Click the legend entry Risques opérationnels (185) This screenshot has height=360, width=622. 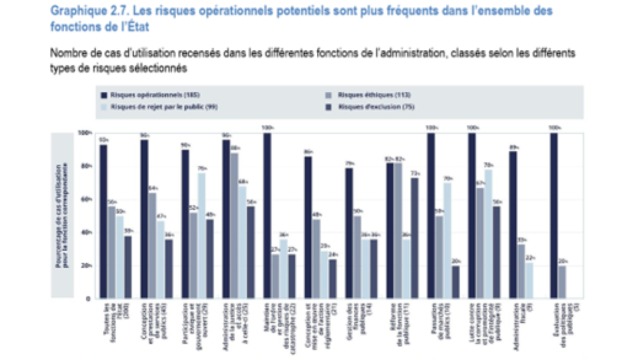click(x=148, y=95)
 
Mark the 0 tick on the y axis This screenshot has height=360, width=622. click(x=89, y=299)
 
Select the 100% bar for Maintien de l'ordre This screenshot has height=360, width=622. click(x=267, y=216)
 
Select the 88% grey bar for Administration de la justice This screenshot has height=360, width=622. click(x=234, y=226)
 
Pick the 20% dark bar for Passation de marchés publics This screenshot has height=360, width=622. click(x=455, y=282)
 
